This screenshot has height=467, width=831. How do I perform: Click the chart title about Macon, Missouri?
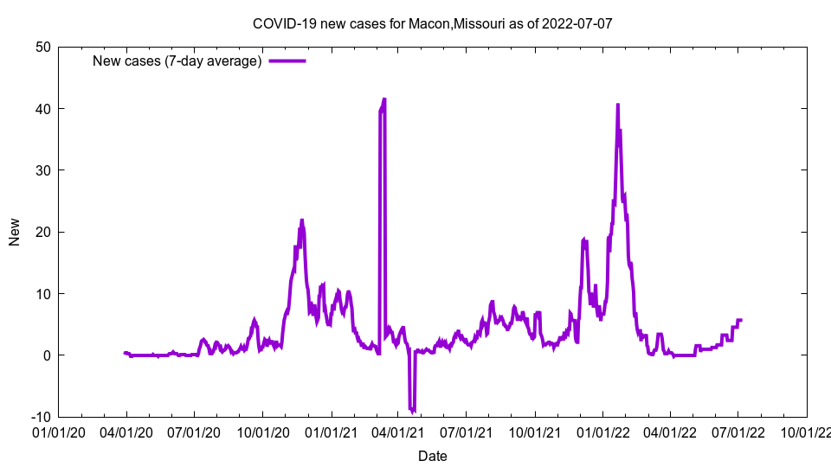tap(432, 23)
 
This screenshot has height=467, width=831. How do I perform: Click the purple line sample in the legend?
tap(287, 61)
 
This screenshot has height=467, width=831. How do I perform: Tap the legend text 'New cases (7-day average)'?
tap(177, 61)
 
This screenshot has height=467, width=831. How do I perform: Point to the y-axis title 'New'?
tap(15, 232)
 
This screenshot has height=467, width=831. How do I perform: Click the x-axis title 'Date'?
tap(433, 456)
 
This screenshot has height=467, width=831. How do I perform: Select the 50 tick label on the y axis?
tap(42, 47)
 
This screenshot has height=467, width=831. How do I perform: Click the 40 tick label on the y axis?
tap(42, 108)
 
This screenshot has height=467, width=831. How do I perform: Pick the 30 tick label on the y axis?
tap(42, 170)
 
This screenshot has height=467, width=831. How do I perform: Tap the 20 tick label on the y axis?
tap(42, 232)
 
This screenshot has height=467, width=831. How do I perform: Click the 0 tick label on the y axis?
tap(47, 355)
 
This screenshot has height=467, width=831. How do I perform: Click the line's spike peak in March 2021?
tap(383, 99)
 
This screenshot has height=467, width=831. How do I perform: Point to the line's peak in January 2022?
tap(617, 105)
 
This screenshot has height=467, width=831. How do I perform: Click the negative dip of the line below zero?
tap(413, 410)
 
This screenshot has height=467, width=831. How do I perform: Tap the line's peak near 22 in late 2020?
tap(302, 221)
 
